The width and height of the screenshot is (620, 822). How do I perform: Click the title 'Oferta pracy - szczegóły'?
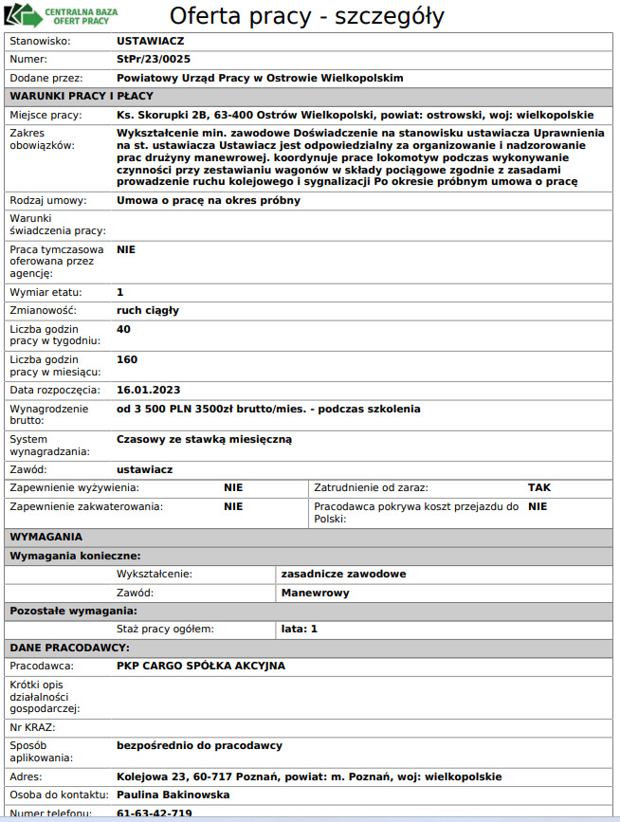pos(306,16)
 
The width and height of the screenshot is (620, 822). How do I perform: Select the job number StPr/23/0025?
pos(147,60)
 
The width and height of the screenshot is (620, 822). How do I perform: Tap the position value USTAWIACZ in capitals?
pos(150,42)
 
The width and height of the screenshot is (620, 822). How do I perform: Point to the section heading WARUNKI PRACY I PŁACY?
pos(81,96)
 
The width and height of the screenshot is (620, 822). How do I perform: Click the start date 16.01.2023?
pos(148,390)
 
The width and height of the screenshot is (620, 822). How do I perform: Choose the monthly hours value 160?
pos(127,360)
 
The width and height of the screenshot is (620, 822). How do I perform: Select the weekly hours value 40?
pos(123,329)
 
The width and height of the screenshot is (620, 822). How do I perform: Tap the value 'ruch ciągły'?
pos(148,310)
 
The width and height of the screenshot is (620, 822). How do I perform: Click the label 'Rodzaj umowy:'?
pos(47,201)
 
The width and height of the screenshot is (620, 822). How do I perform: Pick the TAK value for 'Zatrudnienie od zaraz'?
pos(538,487)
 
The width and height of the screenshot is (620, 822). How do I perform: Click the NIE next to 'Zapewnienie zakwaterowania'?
pos(233,506)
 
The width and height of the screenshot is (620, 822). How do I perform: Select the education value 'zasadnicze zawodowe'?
pos(343,574)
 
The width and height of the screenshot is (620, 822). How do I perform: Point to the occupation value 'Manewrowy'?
pos(316,593)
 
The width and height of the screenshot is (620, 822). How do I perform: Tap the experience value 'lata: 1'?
pos(300,629)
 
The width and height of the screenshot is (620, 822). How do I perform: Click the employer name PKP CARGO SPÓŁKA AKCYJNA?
pos(200,666)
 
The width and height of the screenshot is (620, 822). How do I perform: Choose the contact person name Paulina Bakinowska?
pos(173,795)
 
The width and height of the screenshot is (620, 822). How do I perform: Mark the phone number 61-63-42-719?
pos(155,813)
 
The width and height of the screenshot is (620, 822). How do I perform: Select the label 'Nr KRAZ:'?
pos(33,727)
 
